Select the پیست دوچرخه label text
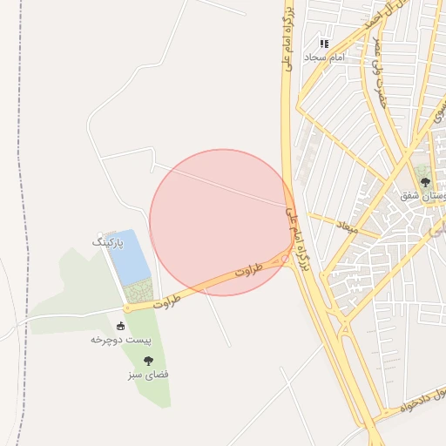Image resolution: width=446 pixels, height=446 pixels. (x=121, y=340)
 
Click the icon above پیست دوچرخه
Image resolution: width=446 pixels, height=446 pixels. (x=121, y=327)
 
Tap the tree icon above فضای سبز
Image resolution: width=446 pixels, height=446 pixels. (x=148, y=360)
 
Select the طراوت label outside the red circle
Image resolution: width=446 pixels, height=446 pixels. (x=166, y=301)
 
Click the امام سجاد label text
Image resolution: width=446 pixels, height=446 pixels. (x=325, y=56)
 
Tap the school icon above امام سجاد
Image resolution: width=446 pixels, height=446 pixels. (x=324, y=43)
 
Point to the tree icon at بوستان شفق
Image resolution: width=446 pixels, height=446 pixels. (x=424, y=183)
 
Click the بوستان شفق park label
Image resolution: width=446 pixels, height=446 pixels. (x=422, y=196)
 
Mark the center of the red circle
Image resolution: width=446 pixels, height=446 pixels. (x=222, y=222)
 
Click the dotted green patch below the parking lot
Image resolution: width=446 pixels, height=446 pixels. (x=139, y=291)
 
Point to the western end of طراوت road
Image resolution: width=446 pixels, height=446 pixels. (x=127, y=307)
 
